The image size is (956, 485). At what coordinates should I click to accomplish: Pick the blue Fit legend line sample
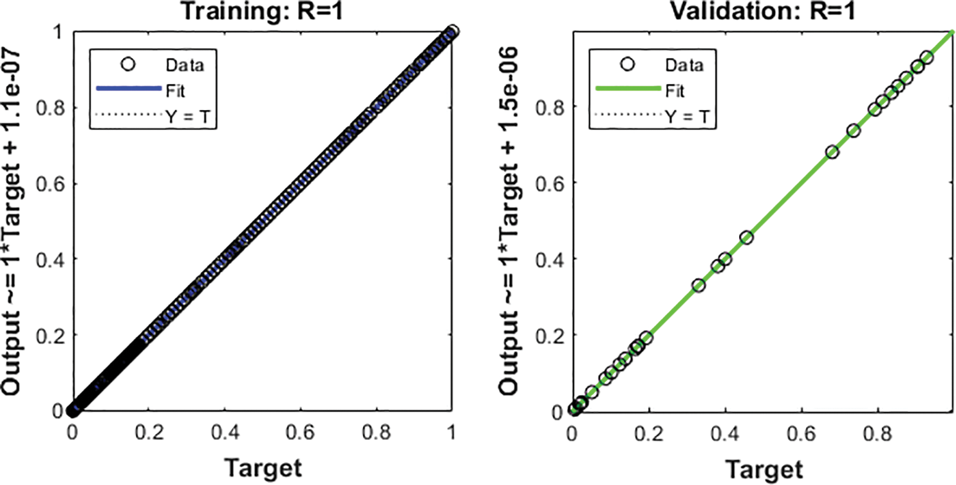[x=126, y=90]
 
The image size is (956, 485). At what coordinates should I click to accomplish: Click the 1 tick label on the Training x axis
[x=452, y=432]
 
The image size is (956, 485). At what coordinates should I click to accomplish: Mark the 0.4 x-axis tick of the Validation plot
[x=726, y=432]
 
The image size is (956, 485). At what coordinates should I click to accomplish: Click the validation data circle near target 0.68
[x=832, y=152]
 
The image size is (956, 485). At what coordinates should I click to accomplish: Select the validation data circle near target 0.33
[x=698, y=285]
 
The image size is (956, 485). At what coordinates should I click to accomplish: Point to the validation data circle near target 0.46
[x=747, y=237]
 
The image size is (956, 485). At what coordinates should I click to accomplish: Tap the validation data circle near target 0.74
[x=854, y=131]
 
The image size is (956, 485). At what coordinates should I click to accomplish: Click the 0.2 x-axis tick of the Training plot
[x=149, y=432]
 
